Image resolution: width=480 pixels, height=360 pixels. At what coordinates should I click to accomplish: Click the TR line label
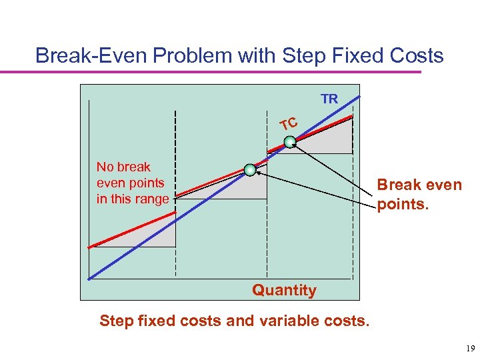click(x=329, y=99)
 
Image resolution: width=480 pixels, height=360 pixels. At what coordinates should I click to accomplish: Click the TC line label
click(x=288, y=123)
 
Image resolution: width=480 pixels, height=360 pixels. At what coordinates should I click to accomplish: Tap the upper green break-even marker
click(x=290, y=141)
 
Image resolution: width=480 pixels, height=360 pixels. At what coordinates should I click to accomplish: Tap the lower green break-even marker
click(x=249, y=170)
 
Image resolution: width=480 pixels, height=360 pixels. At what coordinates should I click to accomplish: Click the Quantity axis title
click(x=284, y=290)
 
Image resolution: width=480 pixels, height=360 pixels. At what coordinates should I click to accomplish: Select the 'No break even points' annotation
click(x=133, y=183)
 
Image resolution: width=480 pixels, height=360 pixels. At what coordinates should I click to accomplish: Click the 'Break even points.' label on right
click(x=419, y=194)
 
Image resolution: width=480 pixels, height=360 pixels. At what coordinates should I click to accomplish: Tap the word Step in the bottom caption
click(x=118, y=321)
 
